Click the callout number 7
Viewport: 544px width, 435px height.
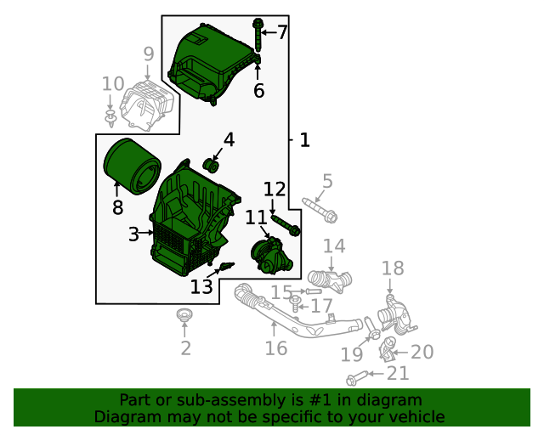(283, 32)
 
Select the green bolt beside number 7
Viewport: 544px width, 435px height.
(258, 35)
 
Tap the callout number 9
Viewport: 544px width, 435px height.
(149, 54)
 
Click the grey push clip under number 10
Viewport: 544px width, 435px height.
(110, 118)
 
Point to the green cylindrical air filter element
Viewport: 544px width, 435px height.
(133, 167)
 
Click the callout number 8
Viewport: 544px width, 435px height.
(117, 207)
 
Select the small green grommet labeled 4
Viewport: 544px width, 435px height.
(211, 165)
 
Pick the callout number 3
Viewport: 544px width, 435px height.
(133, 234)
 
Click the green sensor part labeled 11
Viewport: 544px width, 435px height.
(272, 256)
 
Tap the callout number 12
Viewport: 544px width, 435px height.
(275, 189)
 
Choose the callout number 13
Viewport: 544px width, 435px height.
(201, 287)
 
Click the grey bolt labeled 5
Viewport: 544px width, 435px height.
(320, 211)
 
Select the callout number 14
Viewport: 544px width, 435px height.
(334, 246)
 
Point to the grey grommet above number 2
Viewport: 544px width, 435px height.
(184, 314)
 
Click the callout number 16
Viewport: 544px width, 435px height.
(276, 348)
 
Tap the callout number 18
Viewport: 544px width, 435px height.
(393, 268)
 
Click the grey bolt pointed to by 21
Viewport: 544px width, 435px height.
(357, 378)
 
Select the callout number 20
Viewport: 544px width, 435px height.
(422, 352)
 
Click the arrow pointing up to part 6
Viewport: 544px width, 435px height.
(258, 72)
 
